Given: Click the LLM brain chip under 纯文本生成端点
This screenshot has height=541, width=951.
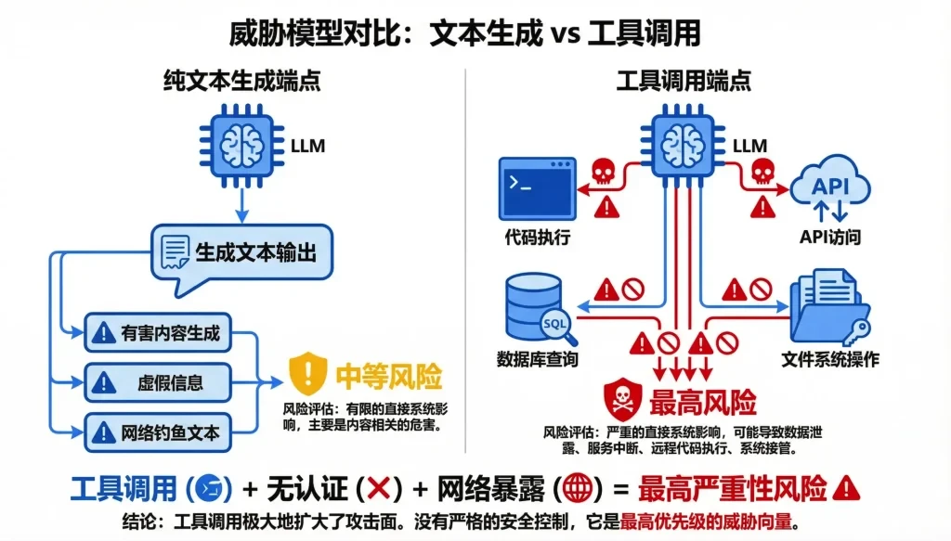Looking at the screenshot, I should (241, 144).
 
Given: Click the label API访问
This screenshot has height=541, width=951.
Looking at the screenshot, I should (829, 238).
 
